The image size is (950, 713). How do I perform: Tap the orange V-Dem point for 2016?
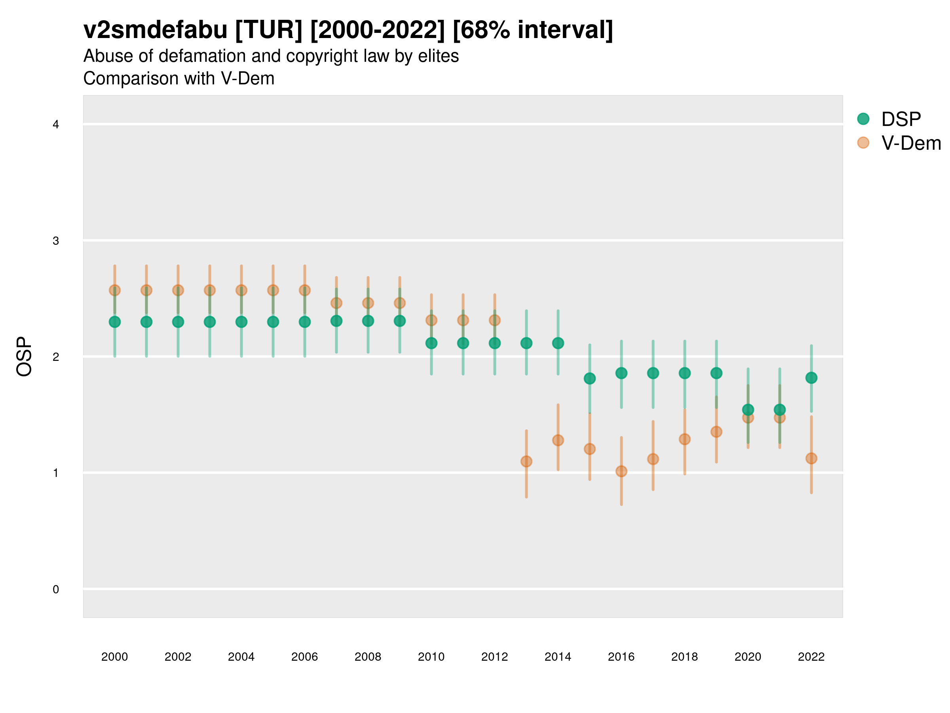pos(621,471)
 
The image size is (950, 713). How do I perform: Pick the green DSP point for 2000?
pos(115,322)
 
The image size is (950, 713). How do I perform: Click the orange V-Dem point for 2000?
pos(115,290)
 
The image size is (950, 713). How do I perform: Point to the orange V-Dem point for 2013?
pos(526,461)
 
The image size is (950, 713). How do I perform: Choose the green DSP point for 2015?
pos(589,378)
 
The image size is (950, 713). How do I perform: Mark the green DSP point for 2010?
pos(431,343)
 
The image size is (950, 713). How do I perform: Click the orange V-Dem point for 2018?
pos(684,439)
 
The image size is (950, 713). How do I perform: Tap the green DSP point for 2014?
pos(558,343)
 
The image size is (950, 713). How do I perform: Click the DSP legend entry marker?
pos(863,119)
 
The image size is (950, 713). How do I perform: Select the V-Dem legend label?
pos(911,143)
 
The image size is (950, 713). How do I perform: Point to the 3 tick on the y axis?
pos(56,241)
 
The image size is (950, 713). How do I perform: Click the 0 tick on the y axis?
pos(56,589)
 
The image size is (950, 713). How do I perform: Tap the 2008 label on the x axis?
pos(368,657)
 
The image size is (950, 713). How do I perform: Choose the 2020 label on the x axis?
pos(748,657)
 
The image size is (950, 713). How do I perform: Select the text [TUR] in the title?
pos(269,30)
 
